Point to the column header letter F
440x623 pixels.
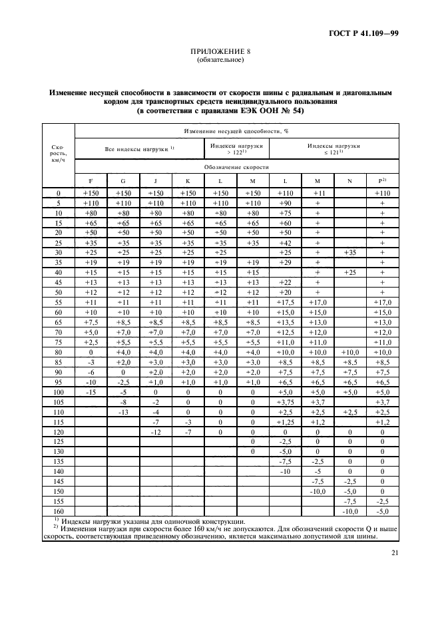pos(91,180)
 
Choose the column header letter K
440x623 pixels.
pos(188,180)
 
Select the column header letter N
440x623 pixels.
pos(350,180)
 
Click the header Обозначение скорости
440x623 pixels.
pos(237,167)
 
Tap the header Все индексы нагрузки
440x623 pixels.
pos(138,149)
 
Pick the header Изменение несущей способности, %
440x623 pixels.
pos(237,131)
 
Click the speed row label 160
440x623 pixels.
pos(58,511)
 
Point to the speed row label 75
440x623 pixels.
pos(58,341)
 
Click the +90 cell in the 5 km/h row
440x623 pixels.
pos(285,202)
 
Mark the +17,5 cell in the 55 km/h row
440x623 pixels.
pos(285,302)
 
